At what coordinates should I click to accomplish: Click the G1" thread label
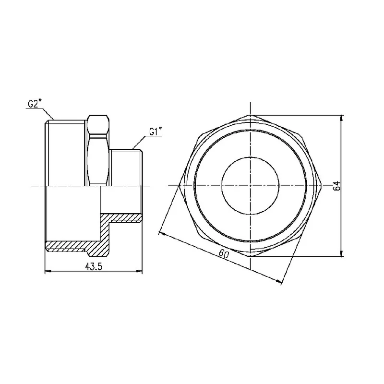pos(156,132)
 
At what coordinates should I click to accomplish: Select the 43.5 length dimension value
pos(94,266)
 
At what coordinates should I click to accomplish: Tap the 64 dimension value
pos(337,186)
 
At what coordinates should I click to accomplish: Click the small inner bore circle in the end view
pos(250,186)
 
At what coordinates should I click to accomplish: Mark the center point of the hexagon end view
pos(250,186)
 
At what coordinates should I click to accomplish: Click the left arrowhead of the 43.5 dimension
pos(47,271)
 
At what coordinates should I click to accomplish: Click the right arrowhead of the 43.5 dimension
pos(139,271)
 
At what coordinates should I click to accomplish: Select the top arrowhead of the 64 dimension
pos(342,118)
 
